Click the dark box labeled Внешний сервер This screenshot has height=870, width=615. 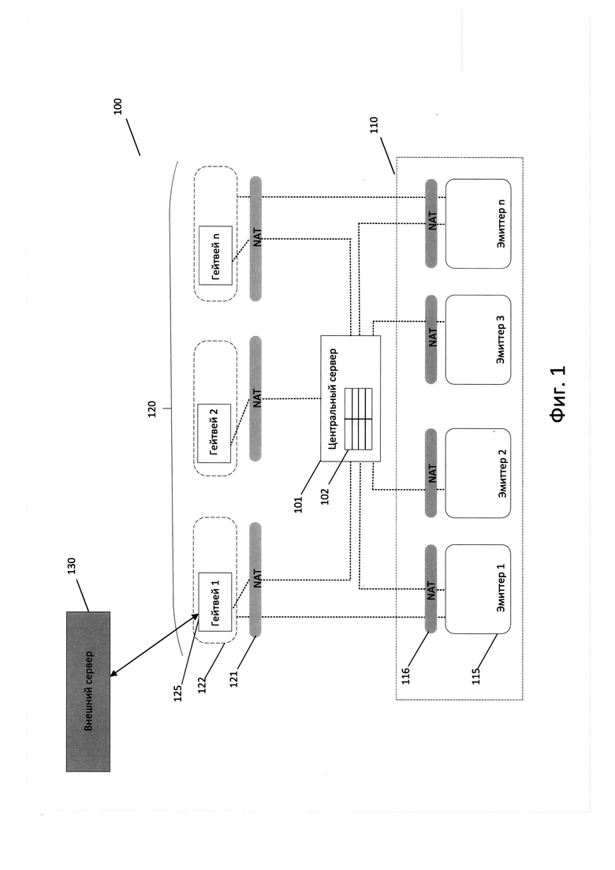(x=88, y=691)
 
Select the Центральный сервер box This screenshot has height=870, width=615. (x=351, y=398)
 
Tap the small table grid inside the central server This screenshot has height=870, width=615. (x=359, y=419)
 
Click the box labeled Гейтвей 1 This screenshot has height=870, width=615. (x=215, y=603)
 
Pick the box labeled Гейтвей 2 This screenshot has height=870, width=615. (x=214, y=433)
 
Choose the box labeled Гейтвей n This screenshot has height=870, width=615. (x=215, y=256)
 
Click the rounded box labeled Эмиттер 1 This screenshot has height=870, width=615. (x=478, y=588)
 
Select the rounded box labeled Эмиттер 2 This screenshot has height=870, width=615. (x=478, y=473)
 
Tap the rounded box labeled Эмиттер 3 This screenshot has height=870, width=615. (x=478, y=340)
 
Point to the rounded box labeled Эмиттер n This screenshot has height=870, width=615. (x=478, y=223)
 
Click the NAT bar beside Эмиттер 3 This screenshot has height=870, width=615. (x=431, y=339)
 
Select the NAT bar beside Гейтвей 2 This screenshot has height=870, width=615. (x=255, y=398)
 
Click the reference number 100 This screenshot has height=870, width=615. (x=117, y=106)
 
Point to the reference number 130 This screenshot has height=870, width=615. (x=71, y=566)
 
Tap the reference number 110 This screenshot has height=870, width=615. (x=374, y=125)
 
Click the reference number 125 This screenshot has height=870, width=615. (x=178, y=693)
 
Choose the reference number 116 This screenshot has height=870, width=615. (x=405, y=675)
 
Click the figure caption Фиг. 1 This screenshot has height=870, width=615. (x=558, y=394)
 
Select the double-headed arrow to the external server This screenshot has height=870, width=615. (x=155, y=644)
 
